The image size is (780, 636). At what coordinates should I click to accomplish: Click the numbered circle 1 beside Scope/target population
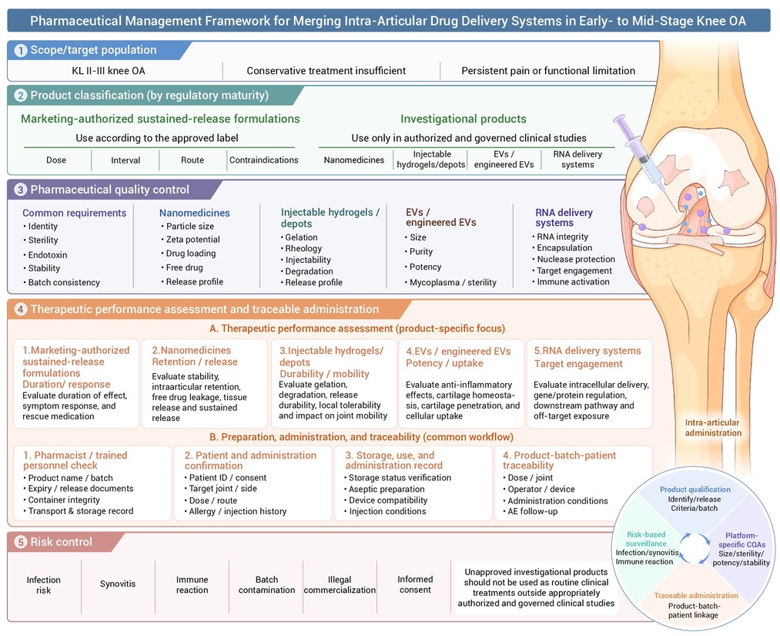20,50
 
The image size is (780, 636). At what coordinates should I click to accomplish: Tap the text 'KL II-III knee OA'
109,71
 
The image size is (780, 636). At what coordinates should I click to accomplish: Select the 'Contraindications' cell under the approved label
263,160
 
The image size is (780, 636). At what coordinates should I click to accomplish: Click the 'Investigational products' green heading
463,119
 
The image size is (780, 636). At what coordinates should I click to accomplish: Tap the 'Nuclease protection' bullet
575,259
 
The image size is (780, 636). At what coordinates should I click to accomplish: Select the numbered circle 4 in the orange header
20,309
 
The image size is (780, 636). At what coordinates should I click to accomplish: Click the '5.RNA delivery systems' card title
588,351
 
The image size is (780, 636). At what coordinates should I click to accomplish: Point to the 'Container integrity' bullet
64,500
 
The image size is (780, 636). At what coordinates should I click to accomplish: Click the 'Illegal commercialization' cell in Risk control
340,584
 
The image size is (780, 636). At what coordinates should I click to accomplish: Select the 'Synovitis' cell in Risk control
118,584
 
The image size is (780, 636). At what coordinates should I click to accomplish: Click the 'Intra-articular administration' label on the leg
713,428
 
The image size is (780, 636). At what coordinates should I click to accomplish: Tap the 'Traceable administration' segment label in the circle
696,596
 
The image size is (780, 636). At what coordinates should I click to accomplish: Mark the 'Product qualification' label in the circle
695,490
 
